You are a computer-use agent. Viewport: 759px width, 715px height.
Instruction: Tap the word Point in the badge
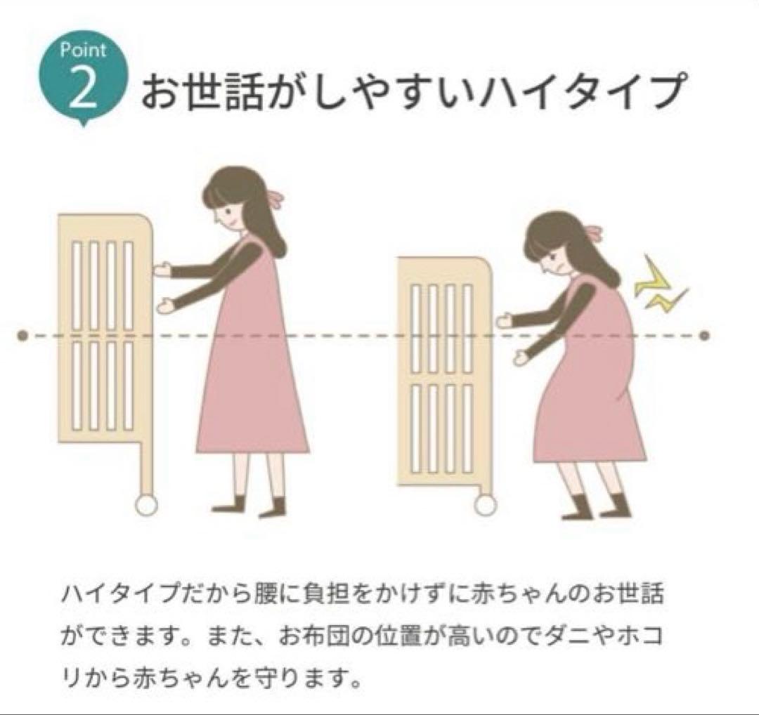pyautogui.click(x=83, y=51)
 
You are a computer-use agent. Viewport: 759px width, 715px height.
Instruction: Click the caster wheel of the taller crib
pyautogui.click(x=145, y=506)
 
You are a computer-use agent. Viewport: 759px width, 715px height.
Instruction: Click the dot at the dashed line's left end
pyautogui.click(x=22, y=336)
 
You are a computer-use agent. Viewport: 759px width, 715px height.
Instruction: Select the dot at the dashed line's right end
pyautogui.click(x=705, y=336)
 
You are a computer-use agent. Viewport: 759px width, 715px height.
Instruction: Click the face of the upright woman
pyautogui.click(x=226, y=208)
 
